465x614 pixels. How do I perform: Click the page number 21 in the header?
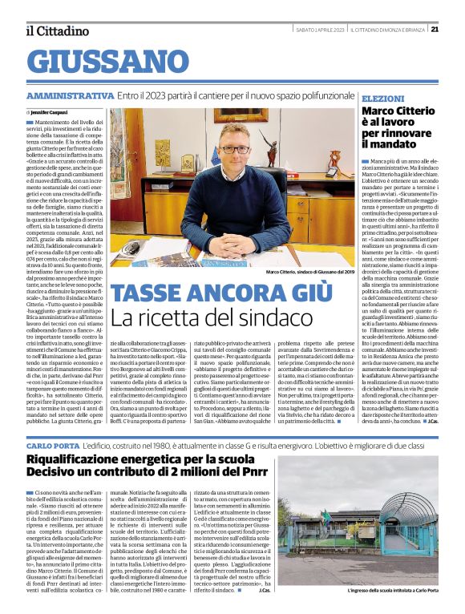click(456, 30)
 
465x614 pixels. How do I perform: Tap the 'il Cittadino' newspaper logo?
click(56, 30)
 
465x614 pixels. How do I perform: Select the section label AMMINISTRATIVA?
click(70, 95)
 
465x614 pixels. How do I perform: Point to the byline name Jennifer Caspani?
click(51, 112)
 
